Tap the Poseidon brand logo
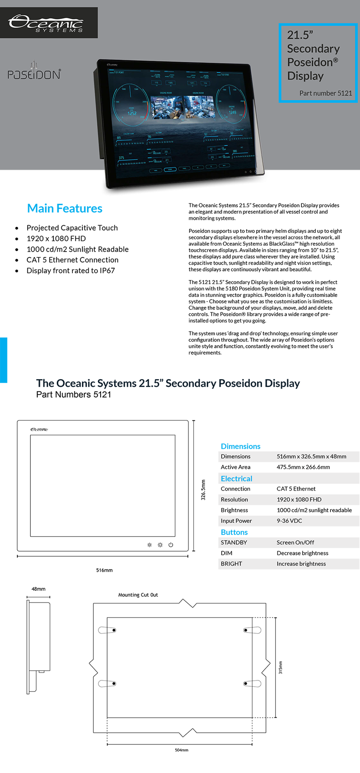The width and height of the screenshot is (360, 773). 34,72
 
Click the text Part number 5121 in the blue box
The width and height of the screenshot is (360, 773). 325,93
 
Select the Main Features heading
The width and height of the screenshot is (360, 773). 65,209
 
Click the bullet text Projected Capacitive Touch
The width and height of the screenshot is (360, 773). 72,228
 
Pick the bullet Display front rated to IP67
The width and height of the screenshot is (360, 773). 71,271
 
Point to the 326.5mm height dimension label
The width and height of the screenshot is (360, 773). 203,490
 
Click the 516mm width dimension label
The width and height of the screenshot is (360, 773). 104,570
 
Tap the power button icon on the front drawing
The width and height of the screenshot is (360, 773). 171,545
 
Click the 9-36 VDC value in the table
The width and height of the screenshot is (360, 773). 289,521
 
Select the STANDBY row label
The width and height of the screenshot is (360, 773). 234,543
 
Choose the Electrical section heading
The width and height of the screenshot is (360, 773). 236,479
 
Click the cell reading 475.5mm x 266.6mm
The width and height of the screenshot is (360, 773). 303,467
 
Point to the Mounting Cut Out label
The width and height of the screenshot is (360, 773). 138,595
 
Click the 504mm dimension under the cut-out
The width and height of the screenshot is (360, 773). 181,750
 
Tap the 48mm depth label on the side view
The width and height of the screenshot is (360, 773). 38,589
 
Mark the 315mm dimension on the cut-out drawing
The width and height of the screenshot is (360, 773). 280,667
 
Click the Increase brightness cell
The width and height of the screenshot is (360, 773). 301,564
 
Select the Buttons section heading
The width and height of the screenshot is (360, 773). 234,532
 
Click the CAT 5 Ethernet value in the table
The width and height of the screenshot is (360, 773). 296,489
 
